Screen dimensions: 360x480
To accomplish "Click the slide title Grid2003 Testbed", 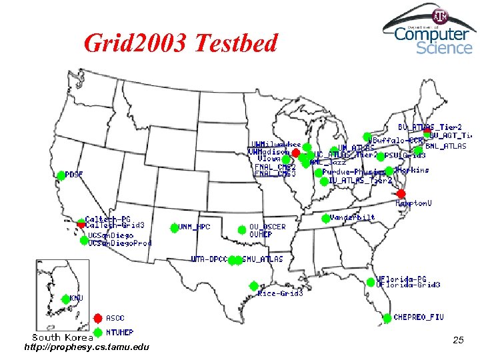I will tap(180, 43).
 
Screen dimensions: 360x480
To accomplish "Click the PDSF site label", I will tap(75, 174).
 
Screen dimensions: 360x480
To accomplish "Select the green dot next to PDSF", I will tap(61, 175).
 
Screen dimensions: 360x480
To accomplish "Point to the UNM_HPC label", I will tap(194, 227).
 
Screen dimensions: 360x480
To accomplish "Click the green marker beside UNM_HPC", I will tap(174, 227).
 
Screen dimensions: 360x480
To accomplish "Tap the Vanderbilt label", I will tap(353, 217).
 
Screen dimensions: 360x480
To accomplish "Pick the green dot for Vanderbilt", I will tap(325, 218).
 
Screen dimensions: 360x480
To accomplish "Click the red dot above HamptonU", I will tap(401, 193).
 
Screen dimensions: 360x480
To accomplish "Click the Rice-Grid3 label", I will tap(280, 293).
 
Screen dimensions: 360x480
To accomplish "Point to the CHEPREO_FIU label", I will tap(418, 317).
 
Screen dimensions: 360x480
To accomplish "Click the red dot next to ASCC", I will tap(98, 318).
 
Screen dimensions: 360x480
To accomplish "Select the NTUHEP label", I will tap(119, 332).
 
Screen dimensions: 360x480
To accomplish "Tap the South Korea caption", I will tap(54, 337).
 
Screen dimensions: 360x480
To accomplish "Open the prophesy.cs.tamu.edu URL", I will tap(87, 347).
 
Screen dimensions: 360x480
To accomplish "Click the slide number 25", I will tap(458, 341).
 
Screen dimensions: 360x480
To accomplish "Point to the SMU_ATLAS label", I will tap(263, 259).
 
